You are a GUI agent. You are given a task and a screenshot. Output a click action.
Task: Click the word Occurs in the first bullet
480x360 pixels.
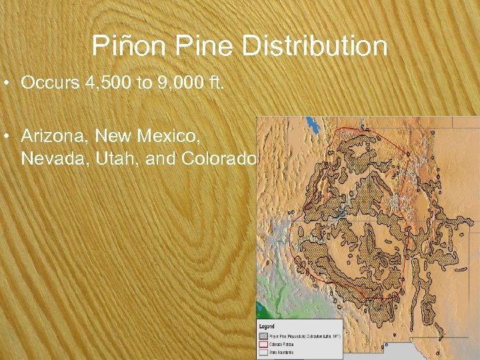47,83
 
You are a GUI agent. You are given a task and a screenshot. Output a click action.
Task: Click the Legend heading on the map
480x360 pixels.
269,326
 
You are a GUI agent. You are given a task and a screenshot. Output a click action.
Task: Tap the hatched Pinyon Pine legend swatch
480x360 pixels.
264,336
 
